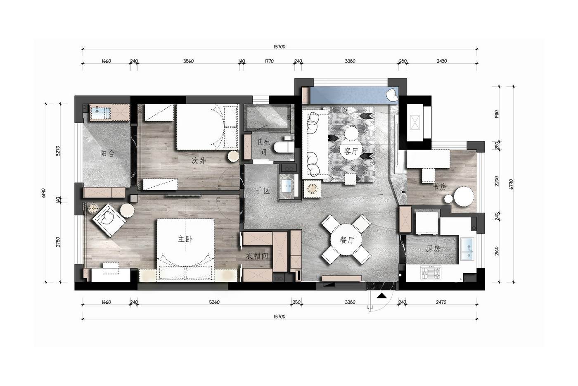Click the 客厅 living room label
(x=351, y=151)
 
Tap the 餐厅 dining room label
(x=347, y=240)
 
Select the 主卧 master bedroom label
(x=185, y=239)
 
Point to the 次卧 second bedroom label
(x=199, y=161)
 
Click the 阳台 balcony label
(x=107, y=154)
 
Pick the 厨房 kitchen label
(x=433, y=248)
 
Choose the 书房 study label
(x=439, y=186)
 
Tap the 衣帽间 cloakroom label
(x=257, y=256)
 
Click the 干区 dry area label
(x=263, y=191)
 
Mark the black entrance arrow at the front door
(x=381, y=295)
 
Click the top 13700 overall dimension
(x=280, y=47)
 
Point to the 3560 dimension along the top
(x=188, y=61)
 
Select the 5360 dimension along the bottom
(x=214, y=302)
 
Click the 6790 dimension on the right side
(x=511, y=184)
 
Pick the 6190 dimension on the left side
(x=43, y=193)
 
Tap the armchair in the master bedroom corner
(x=109, y=220)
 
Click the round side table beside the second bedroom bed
(x=233, y=156)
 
